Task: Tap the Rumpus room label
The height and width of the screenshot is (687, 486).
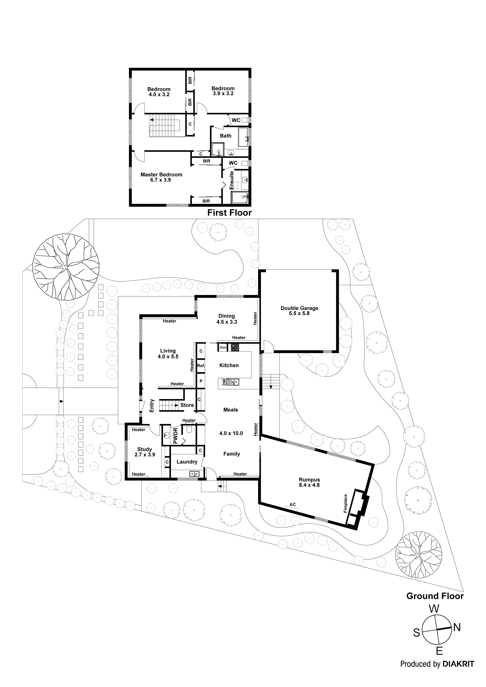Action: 309,480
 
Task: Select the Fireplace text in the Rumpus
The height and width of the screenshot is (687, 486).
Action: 345,503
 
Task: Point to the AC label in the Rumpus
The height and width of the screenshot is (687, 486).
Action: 293,504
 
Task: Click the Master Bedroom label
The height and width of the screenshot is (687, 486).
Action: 161,175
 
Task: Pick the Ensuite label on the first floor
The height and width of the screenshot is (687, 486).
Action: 231,180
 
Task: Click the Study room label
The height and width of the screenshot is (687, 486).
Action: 145,449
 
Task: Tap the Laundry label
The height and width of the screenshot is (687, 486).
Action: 187,462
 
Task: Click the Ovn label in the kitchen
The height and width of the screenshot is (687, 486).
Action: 223,347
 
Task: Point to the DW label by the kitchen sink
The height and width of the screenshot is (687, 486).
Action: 223,382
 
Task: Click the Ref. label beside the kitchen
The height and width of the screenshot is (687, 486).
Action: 201,366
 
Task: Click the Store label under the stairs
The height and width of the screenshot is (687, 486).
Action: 187,405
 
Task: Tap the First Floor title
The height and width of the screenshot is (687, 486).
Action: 229,213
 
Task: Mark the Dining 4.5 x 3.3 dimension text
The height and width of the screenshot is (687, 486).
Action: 227,322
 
